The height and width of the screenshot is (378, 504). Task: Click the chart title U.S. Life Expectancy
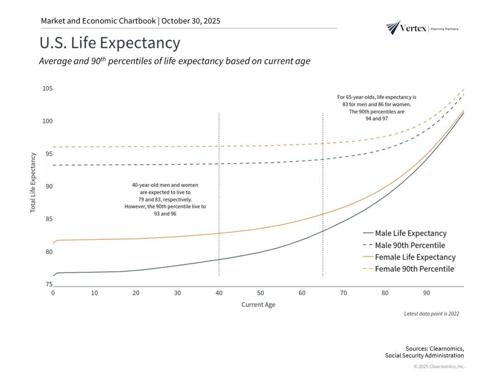coord(110,43)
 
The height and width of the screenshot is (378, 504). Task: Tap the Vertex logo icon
coord(393,28)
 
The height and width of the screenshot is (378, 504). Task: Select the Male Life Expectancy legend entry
coord(410,233)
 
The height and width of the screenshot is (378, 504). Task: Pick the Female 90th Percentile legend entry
coord(414,269)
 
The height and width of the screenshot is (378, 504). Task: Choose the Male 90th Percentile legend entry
coord(410,245)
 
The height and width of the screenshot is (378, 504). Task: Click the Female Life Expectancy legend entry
coord(415,257)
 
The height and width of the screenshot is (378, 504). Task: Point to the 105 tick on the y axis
coord(47,89)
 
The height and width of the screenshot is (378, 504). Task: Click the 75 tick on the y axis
coord(49,284)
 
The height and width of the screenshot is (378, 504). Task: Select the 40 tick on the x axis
coord(219,293)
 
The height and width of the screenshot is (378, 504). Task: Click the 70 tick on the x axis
coord(344,293)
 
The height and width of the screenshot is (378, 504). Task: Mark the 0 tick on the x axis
coord(53,293)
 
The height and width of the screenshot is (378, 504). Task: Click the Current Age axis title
coord(258,305)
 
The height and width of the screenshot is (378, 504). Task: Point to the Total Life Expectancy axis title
coord(33,183)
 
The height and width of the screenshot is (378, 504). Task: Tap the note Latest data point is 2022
coord(431,314)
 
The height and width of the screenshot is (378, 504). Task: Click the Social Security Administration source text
coord(424,355)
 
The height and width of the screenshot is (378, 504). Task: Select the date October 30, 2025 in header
coord(190,21)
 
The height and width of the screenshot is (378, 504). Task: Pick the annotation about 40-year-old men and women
coord(165,199)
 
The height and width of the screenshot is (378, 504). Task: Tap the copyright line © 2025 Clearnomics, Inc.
coord(439,366)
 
